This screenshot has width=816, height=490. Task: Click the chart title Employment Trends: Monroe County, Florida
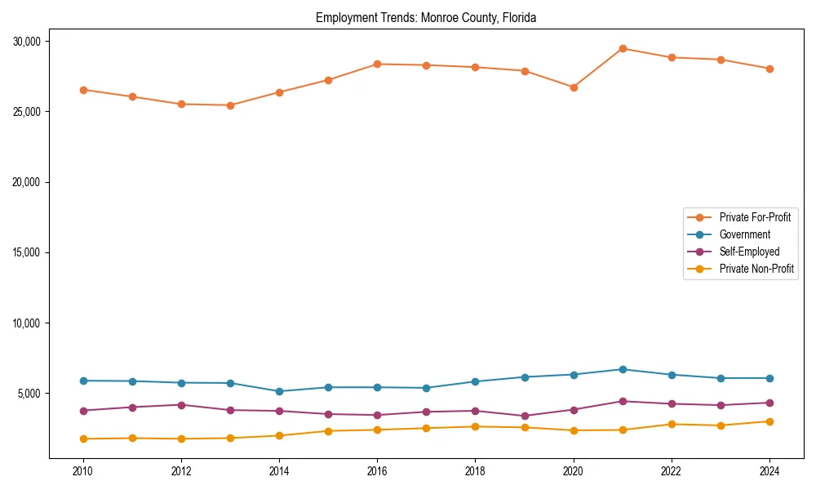[x=425, y=17]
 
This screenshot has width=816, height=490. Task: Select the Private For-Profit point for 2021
[x=623, y=48]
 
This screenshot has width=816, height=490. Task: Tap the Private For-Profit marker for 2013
[x=230, y=105]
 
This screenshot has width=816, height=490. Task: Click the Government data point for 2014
[x=279, y=391]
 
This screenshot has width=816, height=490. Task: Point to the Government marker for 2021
[x=623, y=369]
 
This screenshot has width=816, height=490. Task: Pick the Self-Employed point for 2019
[x=525, y=416]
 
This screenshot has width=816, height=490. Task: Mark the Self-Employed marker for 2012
[x=181, y=405]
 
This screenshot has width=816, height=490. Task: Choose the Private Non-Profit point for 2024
[x=769, y=421]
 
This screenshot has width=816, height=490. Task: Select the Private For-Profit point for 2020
[x=574, y=87]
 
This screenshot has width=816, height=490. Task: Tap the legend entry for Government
[x=744, y=234]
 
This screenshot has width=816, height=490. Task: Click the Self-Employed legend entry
[x=749, y=252]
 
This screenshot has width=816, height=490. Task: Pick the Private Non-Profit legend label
[x=756, y=269]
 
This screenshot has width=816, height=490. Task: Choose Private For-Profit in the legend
[x=755, y=217]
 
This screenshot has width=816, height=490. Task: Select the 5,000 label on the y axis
[x=35, y=394]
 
